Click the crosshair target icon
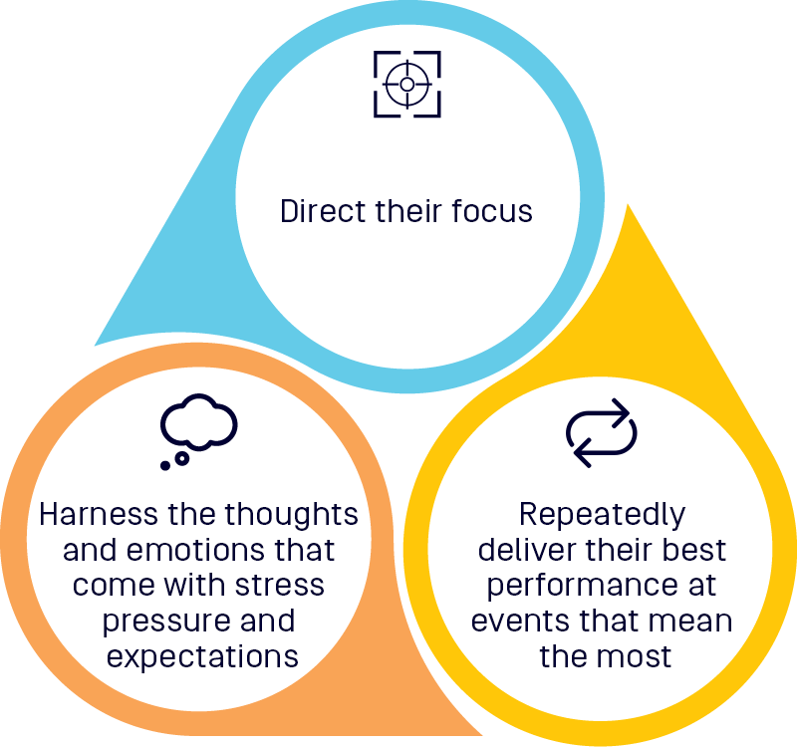[406, 85]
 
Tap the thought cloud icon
[198, 427]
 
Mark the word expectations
[202, 656]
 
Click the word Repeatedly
[602, 515]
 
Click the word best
[696, 550]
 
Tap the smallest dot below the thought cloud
[164, 464]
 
